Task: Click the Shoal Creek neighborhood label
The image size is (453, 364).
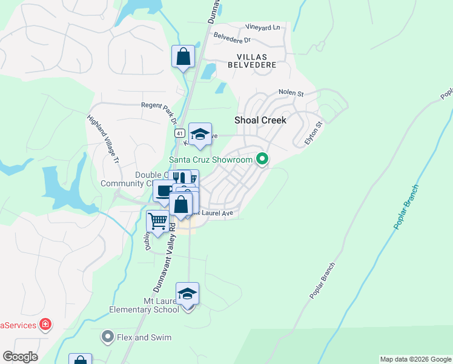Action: pyautogui.click(x=260, y=120)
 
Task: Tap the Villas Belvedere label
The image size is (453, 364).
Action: pyautogui.click(x=252, y=60)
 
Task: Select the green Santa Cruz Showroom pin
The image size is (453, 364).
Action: pyautogui.click(x=262, y=160)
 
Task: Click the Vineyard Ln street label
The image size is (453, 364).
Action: pyautogui.click(x=263, y=27)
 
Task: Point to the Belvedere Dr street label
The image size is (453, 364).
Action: pyautogui.click(x=231, y=39)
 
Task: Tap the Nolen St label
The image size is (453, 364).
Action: pyautogui.click(x=290, y=93)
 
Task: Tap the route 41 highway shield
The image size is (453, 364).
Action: pyautogui.click(x=180, y=132)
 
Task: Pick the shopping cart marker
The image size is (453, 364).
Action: pyautogui.click(x=157, y=221)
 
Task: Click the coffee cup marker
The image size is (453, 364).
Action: pyautogui.click(x=164, y=191)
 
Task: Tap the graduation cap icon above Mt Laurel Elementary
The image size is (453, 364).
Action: pyautogui.click(x=188, y=294)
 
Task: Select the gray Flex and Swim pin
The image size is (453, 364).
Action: pyautogui.click(x=108, y=336)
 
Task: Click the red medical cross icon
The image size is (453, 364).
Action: pyautogui.click(x=45, y=325)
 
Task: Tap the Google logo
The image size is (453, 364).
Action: pyautogui.click(x=20, y=357)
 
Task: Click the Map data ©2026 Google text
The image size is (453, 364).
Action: pyautogui.click(x=415, y=359)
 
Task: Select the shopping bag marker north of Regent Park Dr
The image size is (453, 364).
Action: pyautogui.click(x=183, y=57)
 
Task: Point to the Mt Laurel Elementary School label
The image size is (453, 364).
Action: pyautogui.click(x=144, y=305)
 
